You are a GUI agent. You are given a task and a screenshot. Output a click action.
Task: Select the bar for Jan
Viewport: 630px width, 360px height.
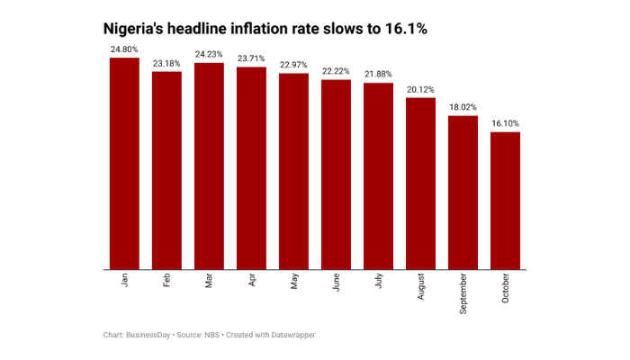tap(124, 163)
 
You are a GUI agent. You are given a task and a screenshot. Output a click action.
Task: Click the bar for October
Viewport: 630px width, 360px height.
tap(505, 200)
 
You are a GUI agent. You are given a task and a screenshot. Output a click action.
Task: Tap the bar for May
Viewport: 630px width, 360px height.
tap(293, 171)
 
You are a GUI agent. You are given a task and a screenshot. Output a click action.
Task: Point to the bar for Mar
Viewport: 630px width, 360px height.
tap(209, 166)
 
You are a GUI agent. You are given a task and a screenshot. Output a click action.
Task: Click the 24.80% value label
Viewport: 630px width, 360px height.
tap(124, 49)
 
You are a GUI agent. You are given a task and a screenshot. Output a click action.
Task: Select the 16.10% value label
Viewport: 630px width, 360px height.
tap(505, 123)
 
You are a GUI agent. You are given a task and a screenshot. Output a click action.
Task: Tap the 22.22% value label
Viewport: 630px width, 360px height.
tap(336, 71)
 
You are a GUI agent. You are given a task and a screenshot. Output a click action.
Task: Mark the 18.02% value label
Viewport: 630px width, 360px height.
tap(463, 106)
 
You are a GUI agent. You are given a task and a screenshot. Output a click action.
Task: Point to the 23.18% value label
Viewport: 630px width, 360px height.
tap(166, 63)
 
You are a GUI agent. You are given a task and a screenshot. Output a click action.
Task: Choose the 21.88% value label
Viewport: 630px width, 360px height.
tap(378, 74)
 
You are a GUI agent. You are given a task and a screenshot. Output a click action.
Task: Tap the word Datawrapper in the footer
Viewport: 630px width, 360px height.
tap(288, 335)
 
